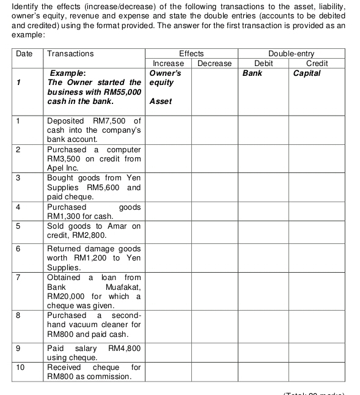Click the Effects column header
(x=191, y=54)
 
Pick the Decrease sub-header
(x=215, y=64)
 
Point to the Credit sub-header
(x=317, y=64)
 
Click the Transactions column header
(x=70, y=54)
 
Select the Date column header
(x=24, y=54)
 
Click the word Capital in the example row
(x=307, y=73)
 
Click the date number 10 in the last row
(x=20, y=367)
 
